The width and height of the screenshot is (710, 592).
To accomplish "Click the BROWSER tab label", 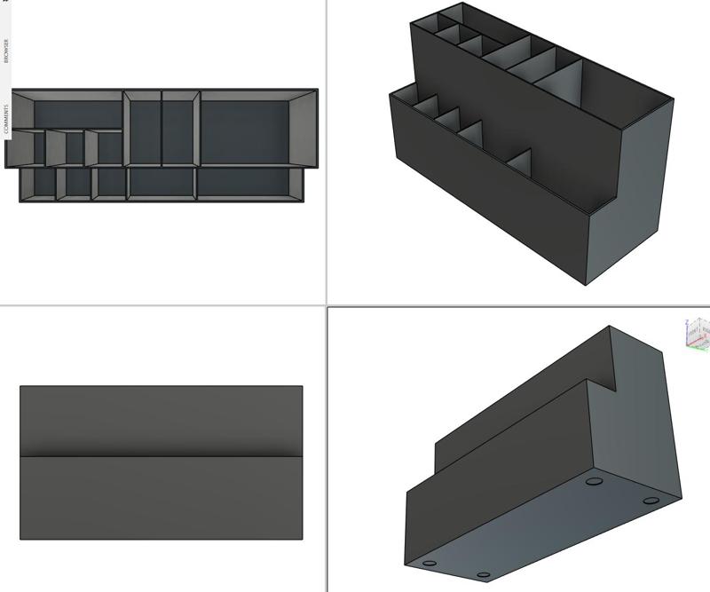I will click(x=5, y=50).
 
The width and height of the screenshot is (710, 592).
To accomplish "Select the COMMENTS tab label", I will click(x=5, y=119).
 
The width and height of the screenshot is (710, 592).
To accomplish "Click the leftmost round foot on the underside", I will click(x=430, y=563).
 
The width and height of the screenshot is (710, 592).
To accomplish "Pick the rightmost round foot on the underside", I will click(x=651, y=501).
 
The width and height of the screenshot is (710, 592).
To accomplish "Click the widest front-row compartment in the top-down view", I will click(x=245, y=183).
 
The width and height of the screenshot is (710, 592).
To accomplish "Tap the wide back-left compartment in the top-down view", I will click(x=77, y=114).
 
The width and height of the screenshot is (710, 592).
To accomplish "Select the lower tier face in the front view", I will click(x=161, y=497).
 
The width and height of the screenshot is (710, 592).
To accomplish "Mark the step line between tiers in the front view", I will click(x=161, y=456).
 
